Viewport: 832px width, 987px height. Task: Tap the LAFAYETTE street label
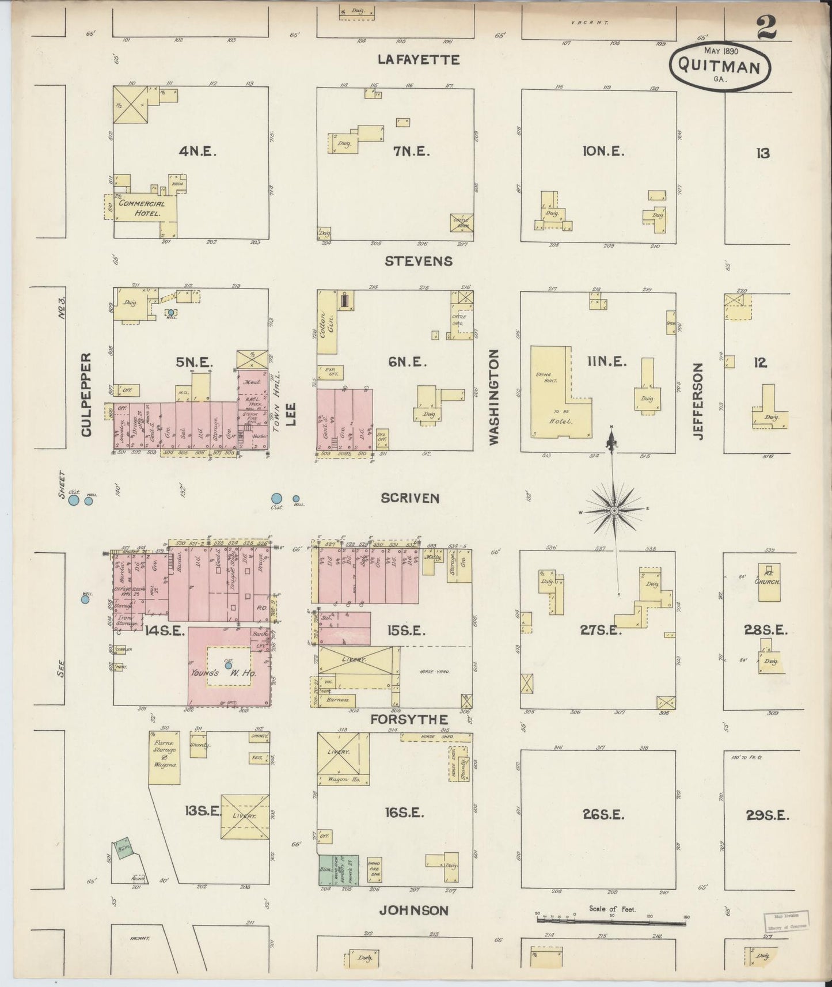(x=419, y=60)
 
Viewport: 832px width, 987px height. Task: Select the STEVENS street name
(x=419, y=261)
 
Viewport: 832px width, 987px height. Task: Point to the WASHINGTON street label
(x=493, y=398)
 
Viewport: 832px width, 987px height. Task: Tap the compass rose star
(x=614, y=510)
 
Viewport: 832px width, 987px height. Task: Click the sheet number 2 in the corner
(x=766, y=27)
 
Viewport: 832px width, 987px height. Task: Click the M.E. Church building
(x=769, y=582)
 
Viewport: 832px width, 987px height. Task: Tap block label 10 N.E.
(x=603, y=151)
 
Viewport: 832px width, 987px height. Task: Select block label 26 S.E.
(x=603, y=814)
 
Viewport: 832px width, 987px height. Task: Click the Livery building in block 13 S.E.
(x=245, y=816)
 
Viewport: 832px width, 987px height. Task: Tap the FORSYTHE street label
(x=409, y=719)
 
